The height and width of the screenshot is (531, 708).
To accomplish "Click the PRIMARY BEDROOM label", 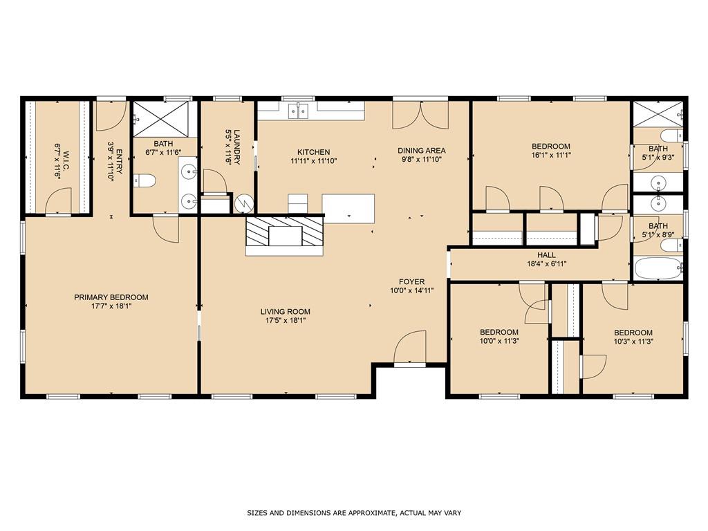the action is pos(111,297).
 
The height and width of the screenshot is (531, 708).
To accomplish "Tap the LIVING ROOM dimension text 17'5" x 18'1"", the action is pos(286,321).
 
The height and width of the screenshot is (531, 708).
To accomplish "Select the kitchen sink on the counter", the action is pos(298,111).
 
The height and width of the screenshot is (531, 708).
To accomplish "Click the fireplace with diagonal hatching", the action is pos(284,232).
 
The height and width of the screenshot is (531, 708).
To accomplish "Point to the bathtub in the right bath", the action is pos(659,268).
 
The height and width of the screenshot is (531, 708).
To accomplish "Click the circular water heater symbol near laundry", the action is pos(244,204).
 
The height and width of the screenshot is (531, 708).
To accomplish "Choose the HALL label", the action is pos(546,255).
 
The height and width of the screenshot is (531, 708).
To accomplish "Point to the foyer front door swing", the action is pos(410,346).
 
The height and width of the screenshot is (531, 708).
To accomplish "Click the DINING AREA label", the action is pos(421,150).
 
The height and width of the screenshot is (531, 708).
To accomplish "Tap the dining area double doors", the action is pos(420,115).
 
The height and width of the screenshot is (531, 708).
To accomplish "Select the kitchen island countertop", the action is pos(348,208).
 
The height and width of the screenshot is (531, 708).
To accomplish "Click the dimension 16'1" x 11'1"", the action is pos(551,155).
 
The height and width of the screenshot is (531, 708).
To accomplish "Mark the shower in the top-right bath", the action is pos(658,114).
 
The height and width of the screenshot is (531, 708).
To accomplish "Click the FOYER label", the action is pos(412,282).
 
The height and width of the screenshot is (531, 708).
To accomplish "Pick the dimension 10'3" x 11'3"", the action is pos(633,342).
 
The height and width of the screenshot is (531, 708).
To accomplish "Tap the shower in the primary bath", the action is pos(160,118).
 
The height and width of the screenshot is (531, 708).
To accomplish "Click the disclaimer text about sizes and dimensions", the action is pos(354,513).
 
